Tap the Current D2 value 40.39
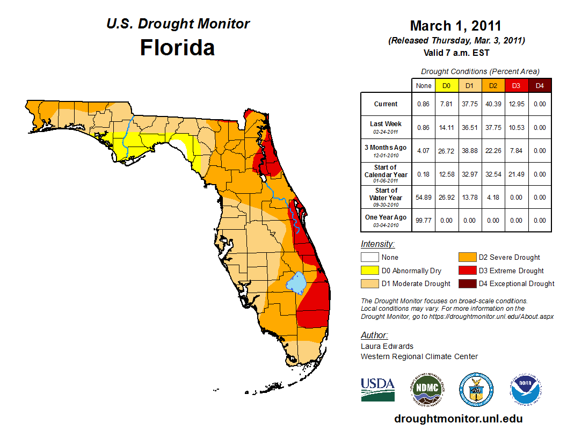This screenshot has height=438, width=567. coord(493,104)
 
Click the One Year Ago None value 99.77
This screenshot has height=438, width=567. coord(423,221)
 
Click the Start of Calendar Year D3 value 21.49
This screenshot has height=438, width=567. coord(517,174)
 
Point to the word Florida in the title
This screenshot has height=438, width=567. coord(177,48)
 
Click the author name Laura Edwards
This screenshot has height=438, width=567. coord(387,346)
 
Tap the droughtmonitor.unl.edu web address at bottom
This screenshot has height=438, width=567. coord(458,419)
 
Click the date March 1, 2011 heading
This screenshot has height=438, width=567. coord(455,26)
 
